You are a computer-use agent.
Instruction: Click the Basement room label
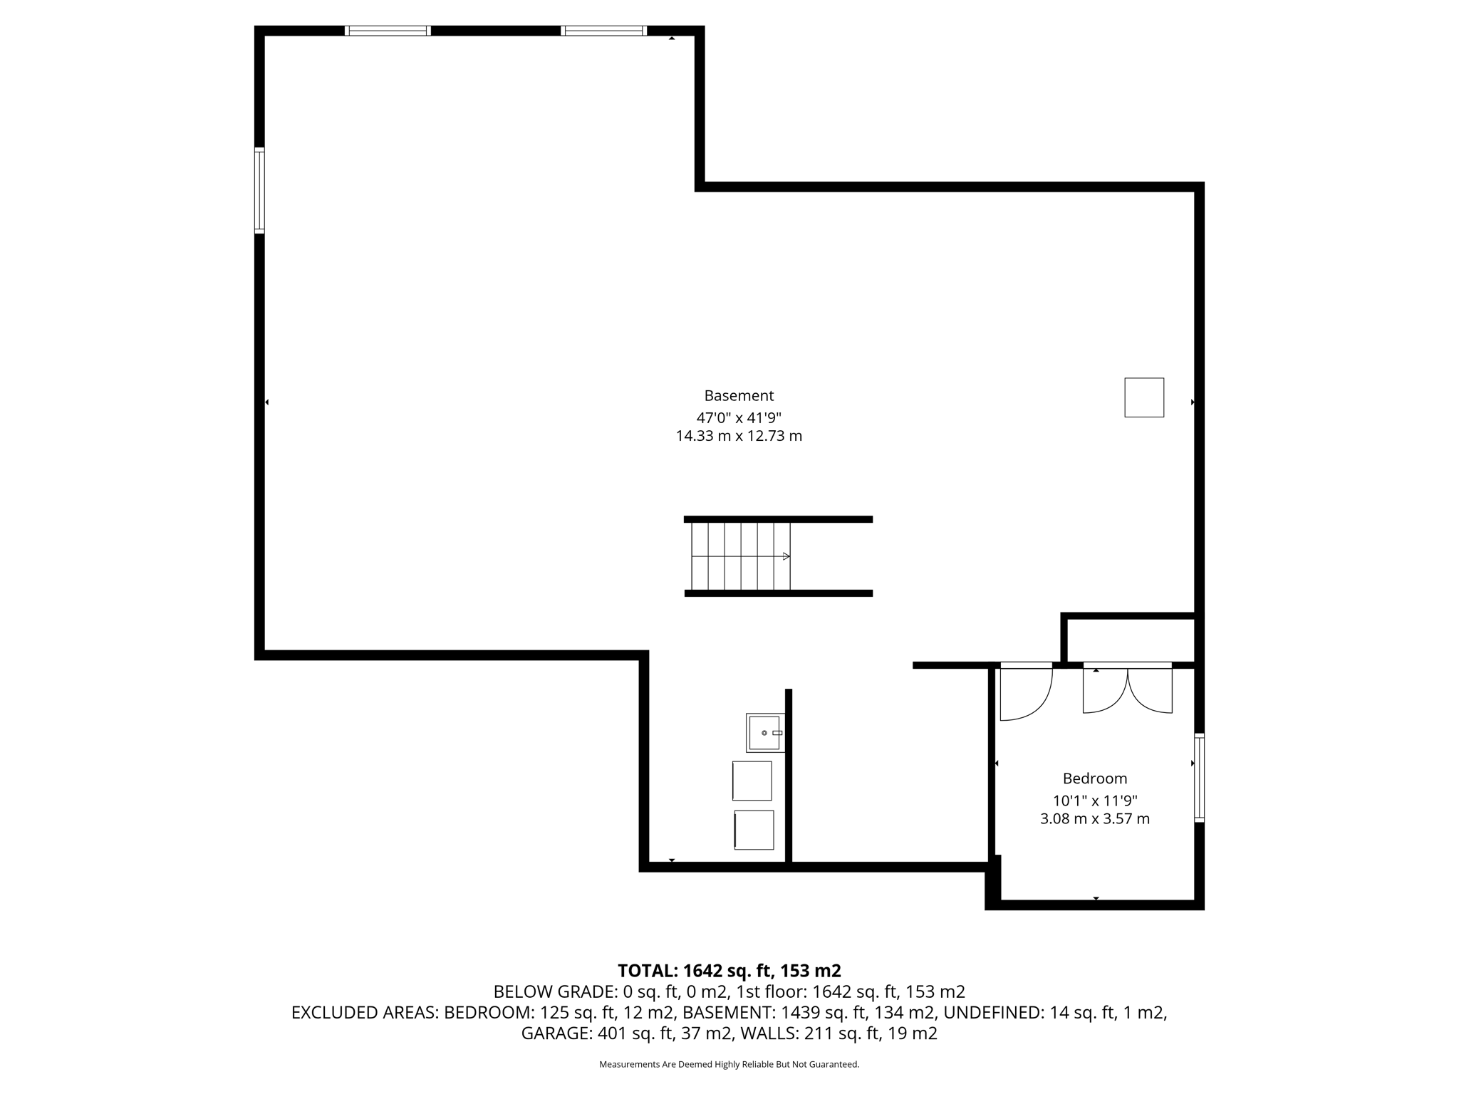pyautogui.click(x=739, y=395)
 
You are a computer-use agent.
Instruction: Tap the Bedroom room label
pyautogui.click(x=1095, y=778)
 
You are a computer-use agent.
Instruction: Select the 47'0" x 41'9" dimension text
pyautogui.click(x=739, y=417)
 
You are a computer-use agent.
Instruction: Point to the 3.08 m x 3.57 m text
pyautogui.click(x=1095, y=819)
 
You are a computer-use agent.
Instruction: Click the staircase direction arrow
pyautogui.click(x=786, y=556)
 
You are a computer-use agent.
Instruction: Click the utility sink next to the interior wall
pyautogui.click(x=764, y=733)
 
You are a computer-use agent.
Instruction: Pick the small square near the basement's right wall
pyautogui.click(x=1144, y=397)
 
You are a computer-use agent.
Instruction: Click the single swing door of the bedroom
pyautogui.click(x=1026, y=692)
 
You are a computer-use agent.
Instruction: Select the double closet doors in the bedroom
pyautogui.click(x=1128, y=689)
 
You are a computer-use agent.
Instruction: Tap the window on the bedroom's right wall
pyautogui.click(x=1199, y=778)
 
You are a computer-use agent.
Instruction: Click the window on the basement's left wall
pyautogui.click(x=259, y=190)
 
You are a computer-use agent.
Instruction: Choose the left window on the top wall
pyautogui.click(x=388, y=31)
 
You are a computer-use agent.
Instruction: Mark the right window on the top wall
pyautogui.click(x=603, y=31)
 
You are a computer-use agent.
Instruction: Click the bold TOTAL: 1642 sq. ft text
pyautogui.click(x=729, y=971)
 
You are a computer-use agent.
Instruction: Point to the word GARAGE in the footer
pyautogui.click(x=554, y=1033)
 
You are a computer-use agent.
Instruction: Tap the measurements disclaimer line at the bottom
pyautogui.click(x=729, y=1065)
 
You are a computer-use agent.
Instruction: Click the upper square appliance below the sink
pyautogui.click(x=752, y=781)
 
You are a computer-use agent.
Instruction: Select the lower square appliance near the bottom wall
pyautogui.click(x=754, y=830)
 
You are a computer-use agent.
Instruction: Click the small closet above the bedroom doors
pyautogui.click(x=1130, y=640)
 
